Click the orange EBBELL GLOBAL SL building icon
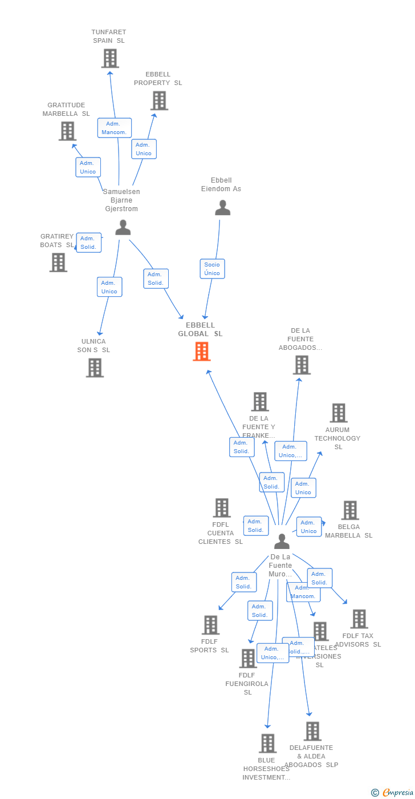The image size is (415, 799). pyautogui.click(x=202, y=352)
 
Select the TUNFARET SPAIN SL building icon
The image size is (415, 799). pyautogui.click(x=110, y=58)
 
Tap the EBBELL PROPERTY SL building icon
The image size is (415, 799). pyautogui.click(x=159, y=100)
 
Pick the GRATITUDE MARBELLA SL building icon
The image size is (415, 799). pyautogui.click(x=67, y=131)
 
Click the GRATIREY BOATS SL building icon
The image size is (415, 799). pyautogui.click(x=58, y=263)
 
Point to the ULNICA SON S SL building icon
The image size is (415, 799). pyautogui.click(x=95, y=368)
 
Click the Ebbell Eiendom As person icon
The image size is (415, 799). pyautogui.click(x=222, y=208)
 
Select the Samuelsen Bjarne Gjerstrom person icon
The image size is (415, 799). pyautogui.click(x=123, y=227)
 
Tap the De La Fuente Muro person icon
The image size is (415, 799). pyautogui.click(x=282, y=541)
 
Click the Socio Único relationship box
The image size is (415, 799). pyautogui.click(x=212, y=269)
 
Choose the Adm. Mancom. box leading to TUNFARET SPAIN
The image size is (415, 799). pyautogui.click(x=114, y=128)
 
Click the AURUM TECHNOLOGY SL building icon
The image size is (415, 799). pyautogui.click(x=338, y=413)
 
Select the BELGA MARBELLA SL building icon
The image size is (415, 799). pyautogui.click(x=349, y=510)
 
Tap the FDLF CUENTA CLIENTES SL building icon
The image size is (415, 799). pyautogui.click(x=221, y=507)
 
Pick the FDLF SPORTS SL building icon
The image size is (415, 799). pyautogui.click(x=210, y=625)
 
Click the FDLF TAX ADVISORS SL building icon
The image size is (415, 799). pyautogui.click(x=359, y=619)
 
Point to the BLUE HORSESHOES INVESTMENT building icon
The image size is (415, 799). pyautogui.click(x=267, y=743)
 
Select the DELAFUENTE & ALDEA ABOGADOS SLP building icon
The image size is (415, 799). pyautogui.click(x=312, y=731)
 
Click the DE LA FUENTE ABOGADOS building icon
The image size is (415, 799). pyautogui.click(x=301, y=365)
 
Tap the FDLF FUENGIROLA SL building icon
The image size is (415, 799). pyautogui.click(x=248, y=658)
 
